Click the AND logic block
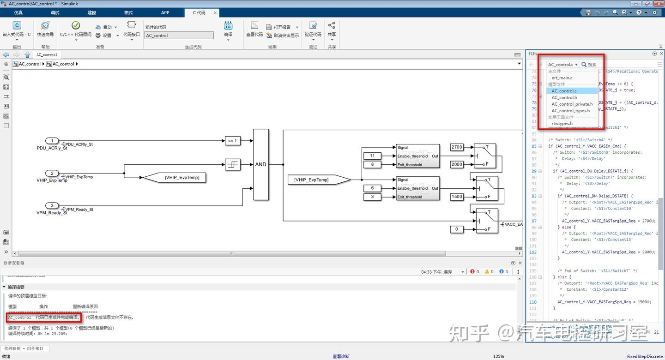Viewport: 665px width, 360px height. point(260,164)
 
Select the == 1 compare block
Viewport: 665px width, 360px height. point(232,141)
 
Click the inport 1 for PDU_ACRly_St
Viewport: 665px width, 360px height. point(52,141)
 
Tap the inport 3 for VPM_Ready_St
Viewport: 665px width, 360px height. point(52,205)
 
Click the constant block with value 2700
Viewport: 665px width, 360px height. point(456,147)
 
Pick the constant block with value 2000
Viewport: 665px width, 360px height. point(456,164)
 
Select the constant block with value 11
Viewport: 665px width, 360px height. point(372,156)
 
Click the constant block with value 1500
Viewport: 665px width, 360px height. point(456,197)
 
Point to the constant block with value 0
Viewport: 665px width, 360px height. point(456,229)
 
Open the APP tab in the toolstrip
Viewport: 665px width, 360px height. point(165,12)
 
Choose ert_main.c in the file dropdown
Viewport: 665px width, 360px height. point(562,78)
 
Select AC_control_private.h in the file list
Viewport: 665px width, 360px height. point(572,104)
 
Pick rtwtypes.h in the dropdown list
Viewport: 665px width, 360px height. point(562,124)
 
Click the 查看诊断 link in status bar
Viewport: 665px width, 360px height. point(341,356)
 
